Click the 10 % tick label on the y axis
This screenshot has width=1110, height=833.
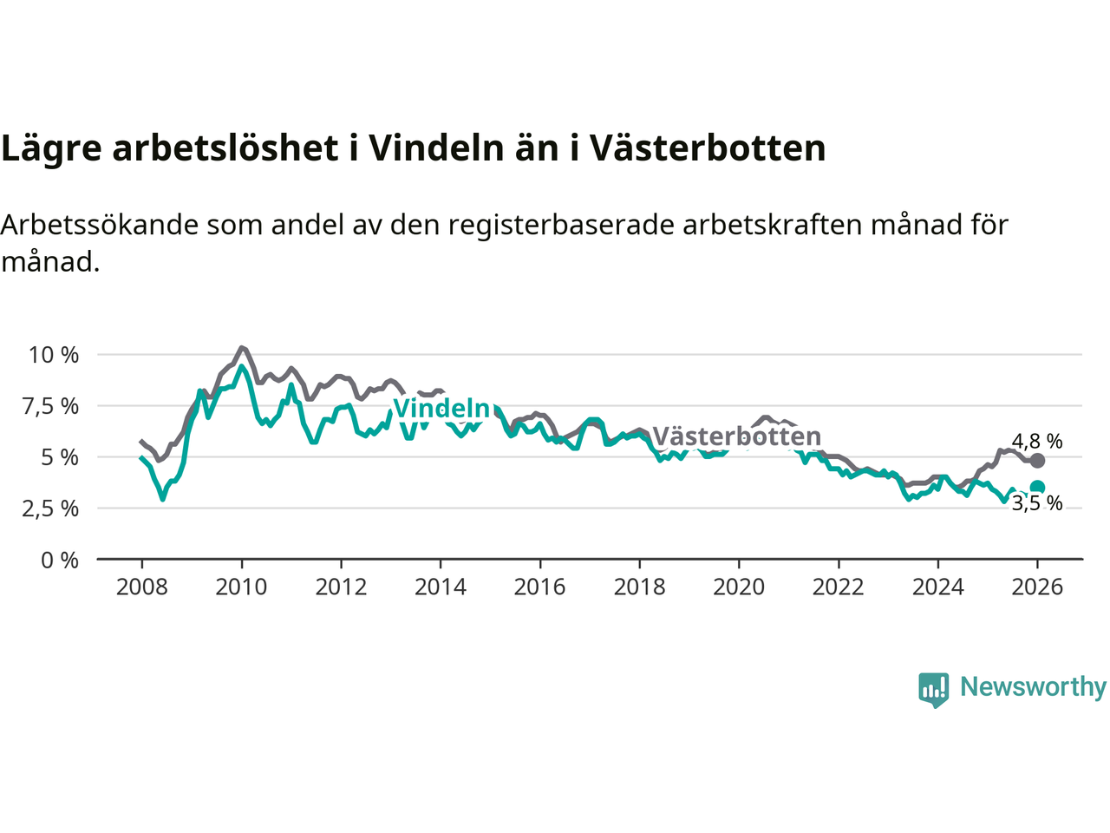[x=54, y=355]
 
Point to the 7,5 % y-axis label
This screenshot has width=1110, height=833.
[x=54, y=406]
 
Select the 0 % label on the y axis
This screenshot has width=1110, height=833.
[x=60, y=561]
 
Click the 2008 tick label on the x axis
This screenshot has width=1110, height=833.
[x=141, y=587]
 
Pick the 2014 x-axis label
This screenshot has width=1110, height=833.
[x=441, y=587]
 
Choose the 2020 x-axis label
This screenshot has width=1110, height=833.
[x=739, y=587]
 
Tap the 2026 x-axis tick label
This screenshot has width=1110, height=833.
[x=1037, y=587]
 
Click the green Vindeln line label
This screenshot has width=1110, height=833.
[x=441, y=408]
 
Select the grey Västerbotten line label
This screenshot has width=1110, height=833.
[x=736, y=436]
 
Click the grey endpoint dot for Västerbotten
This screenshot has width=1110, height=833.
[x=1037, y=461]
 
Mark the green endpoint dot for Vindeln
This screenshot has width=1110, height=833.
[x=1037, y=488]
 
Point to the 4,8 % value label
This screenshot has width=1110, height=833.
[x=1037, y=442]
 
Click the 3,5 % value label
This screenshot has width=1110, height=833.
[x=1037, y=504]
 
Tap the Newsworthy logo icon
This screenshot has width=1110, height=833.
[x=933, y=689]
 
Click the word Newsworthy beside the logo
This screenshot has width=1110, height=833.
[x=1033, y=687]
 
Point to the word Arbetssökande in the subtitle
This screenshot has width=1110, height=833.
[x=99, y=225]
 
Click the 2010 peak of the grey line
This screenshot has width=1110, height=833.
[x=241, y=348]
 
